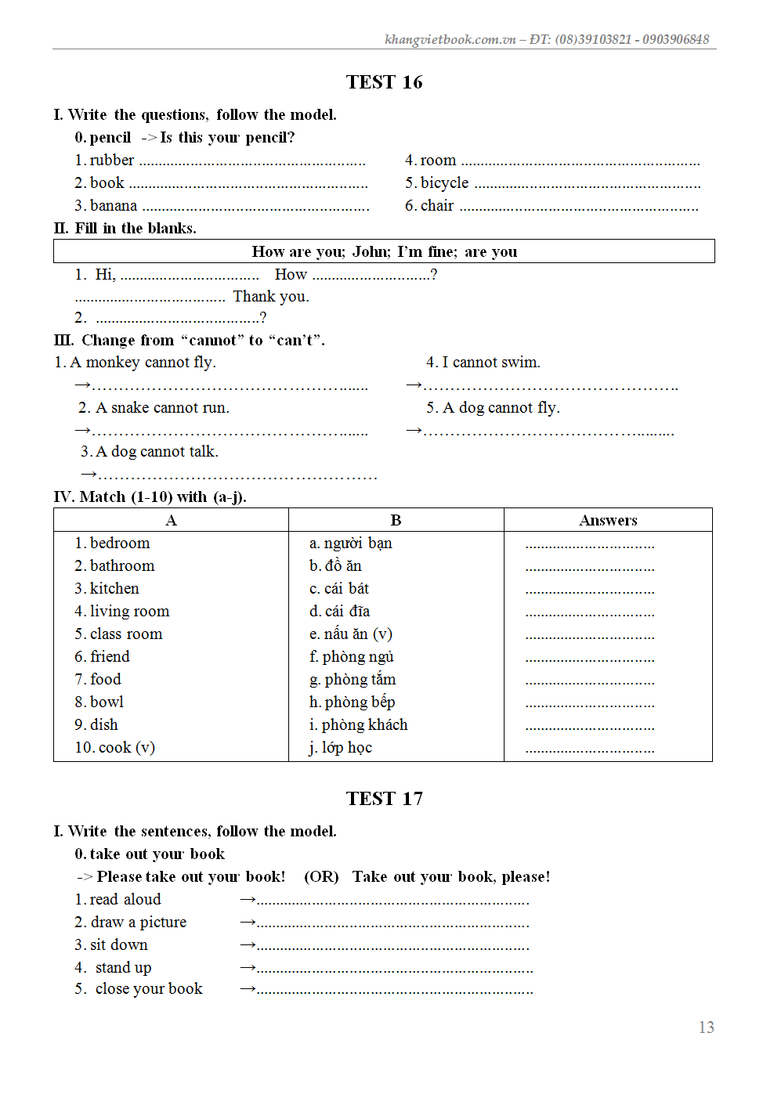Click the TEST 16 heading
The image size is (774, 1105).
click(x=384, y=82)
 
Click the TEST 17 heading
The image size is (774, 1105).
click(x=384, y=799)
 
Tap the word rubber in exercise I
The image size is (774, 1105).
click(x=112, y=161)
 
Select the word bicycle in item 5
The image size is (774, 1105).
click(x=444, y=183)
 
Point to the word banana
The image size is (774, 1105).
click(x=114, y=206)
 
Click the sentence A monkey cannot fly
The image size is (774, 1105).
click(x=143, y=363)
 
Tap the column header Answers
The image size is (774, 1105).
click(x=608, y=521)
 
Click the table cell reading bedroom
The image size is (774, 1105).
click(x=120, y=543)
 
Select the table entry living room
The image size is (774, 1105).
click(x=129, y=612)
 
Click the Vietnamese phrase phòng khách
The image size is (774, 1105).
click(x=364, y=725)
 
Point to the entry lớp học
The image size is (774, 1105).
click(x=347, y=748)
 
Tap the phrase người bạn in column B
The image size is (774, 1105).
click(x=358, y=543)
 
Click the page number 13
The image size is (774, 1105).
click(x=706, y=1027)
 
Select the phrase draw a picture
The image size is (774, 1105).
click(x=139, y=923)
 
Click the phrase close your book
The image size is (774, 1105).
click(x=149, y=989)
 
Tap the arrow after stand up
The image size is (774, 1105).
click(x=248, y=968)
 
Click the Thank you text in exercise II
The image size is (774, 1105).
click(x=271, y=297)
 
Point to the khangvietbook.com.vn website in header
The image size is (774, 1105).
click(x=450, y=39)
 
